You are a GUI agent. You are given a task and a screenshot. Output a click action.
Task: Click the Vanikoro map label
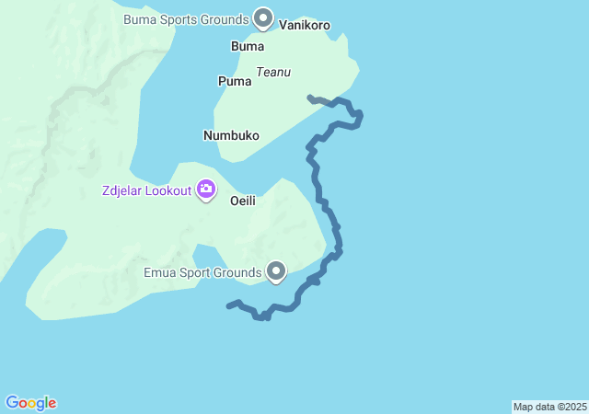tap(305, 26)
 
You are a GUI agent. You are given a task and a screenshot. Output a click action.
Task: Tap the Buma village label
tap(248, 46)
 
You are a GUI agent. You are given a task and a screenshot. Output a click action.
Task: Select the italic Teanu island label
tap(273, 72)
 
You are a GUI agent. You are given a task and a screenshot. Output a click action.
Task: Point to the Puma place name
tap(235, 81)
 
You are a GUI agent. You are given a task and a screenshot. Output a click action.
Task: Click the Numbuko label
tap(231, 135)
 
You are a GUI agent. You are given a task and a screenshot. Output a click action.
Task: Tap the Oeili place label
tap(242, 200)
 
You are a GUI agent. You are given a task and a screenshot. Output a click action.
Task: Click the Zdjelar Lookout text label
tap(146, 191)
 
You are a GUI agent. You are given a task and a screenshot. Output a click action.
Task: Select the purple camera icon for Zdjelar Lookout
tap(205, 190)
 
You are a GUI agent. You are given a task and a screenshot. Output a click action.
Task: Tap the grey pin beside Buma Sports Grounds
tap(263, 17)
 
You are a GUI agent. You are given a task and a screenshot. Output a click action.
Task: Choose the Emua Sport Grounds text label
tap(202, 272)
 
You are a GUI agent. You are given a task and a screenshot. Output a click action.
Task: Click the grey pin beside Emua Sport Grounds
tap(276, 270)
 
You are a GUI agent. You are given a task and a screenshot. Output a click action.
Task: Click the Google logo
tap(31, 403)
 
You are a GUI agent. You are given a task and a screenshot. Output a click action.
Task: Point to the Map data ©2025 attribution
tap(549, 407)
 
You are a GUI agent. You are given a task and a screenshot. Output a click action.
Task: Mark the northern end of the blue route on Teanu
tap(310, 97)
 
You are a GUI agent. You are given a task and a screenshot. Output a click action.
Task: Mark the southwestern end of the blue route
tap(228, 306)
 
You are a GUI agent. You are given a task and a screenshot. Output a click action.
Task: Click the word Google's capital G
tap(12, 403)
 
